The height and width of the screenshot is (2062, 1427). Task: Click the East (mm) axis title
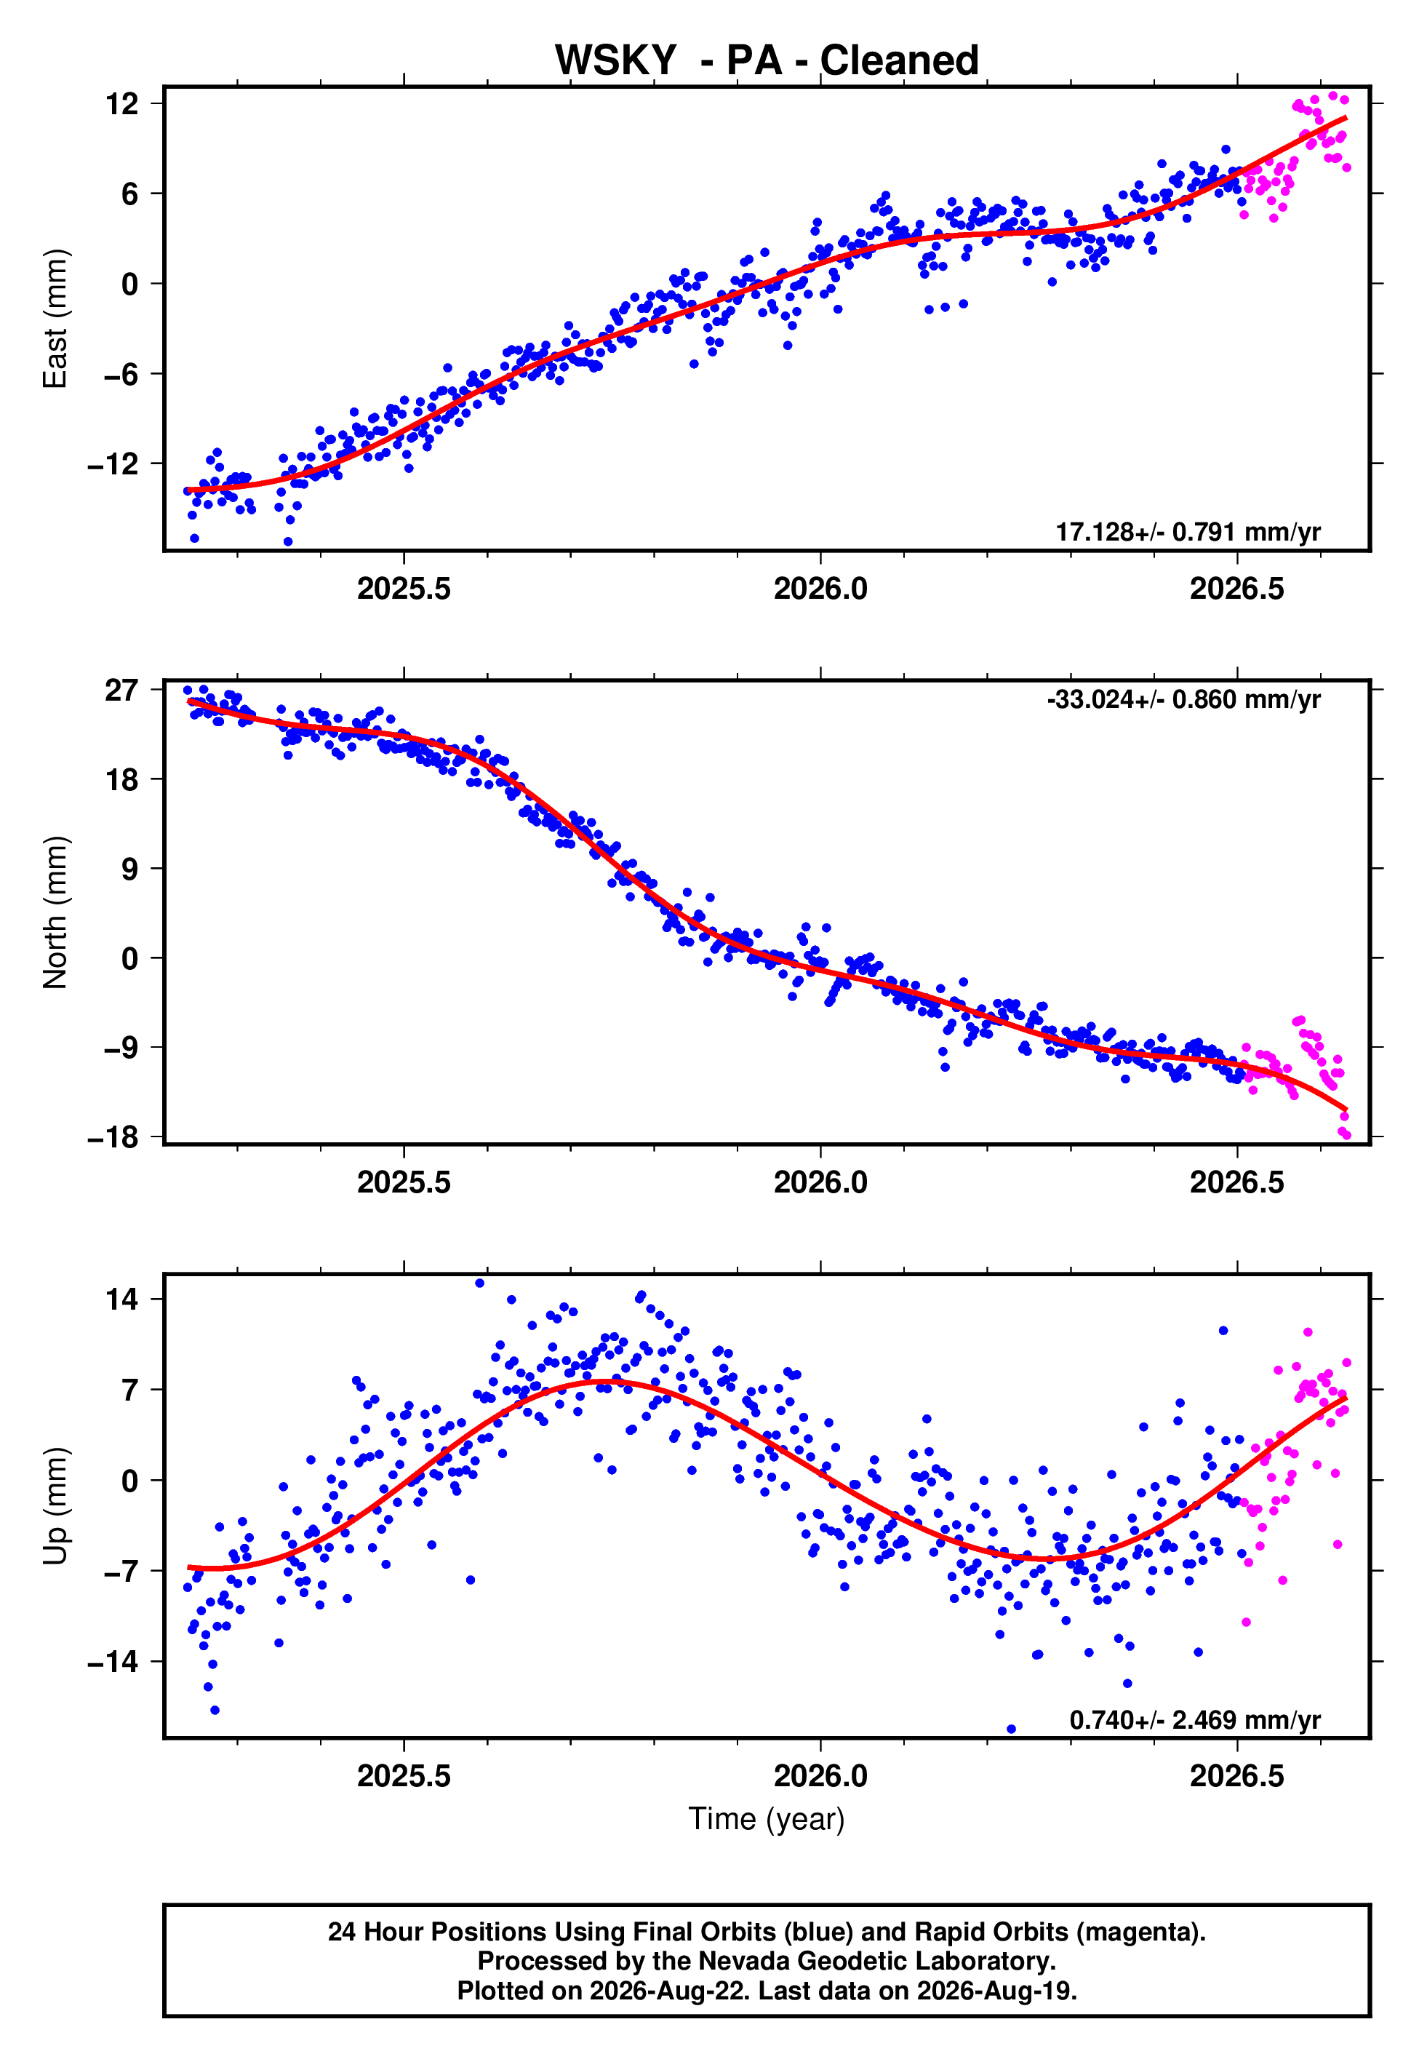[55, 319]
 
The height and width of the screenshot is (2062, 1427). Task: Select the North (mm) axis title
[55, 912]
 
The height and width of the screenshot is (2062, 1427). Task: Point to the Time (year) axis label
[767, 1819]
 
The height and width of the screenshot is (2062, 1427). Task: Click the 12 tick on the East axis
[122, 104]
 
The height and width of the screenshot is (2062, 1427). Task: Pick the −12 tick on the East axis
[113, 463]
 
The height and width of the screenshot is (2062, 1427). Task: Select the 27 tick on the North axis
[122, 690]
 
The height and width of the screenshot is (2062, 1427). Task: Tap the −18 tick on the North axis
[113, 1137]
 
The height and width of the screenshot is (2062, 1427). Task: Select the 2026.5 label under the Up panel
[1236, 1776]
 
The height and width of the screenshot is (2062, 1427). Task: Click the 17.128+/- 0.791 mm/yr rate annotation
[1188, 532]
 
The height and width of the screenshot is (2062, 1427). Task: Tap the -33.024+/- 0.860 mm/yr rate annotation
[1184, 699]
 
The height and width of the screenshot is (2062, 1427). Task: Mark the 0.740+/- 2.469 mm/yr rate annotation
[1194, 1719]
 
